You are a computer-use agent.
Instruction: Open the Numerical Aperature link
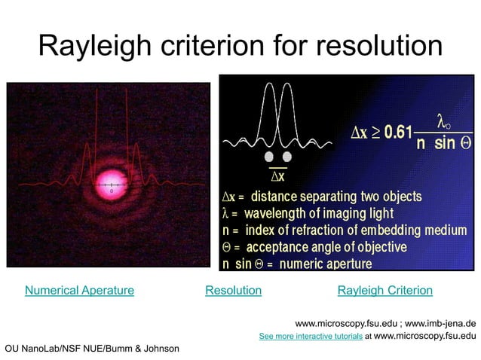[79, 290]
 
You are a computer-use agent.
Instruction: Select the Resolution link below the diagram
[233, 290]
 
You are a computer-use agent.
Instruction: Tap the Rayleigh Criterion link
[384, 290]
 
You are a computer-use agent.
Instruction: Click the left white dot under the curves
[268, 157]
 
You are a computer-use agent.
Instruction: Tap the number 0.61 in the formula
[398, 133]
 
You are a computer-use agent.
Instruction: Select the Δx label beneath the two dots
[277, 176]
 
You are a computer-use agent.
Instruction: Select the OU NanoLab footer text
[92, 348]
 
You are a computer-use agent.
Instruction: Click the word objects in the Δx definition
[400, 197]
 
